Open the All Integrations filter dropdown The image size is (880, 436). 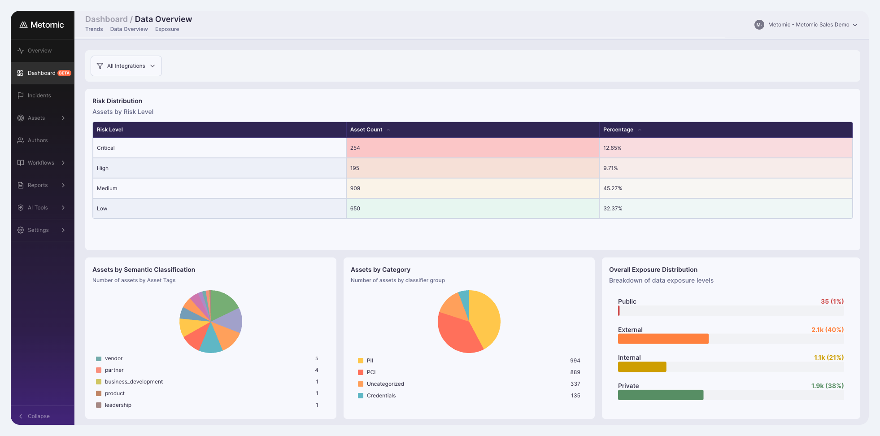click(x=126, y=66)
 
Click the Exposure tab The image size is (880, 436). click(x=167, y=29)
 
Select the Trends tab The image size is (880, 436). click(x=94, y=29)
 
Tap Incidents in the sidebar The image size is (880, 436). click(x=39, y=96)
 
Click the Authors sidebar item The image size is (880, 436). click(x=38, y=140)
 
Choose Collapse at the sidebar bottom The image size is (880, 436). click(x=39, y=416)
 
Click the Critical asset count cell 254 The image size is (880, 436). click(x=472, y=148)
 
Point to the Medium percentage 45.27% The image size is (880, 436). click(x=613, y=188)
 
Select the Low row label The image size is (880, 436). click(x=102, y=209)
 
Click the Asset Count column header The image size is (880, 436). click(x=366, y=130)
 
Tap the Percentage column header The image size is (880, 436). click(x=618, y=130)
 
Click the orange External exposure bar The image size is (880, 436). click(x=663, y=339)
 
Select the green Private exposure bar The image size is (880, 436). click(x=661, y=395)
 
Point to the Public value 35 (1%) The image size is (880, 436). click(x=832, y=301)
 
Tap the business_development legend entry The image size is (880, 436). click(x=130, y=382)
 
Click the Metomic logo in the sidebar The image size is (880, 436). click(x=42, y=25)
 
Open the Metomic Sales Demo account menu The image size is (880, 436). click(x=806, y=25)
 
